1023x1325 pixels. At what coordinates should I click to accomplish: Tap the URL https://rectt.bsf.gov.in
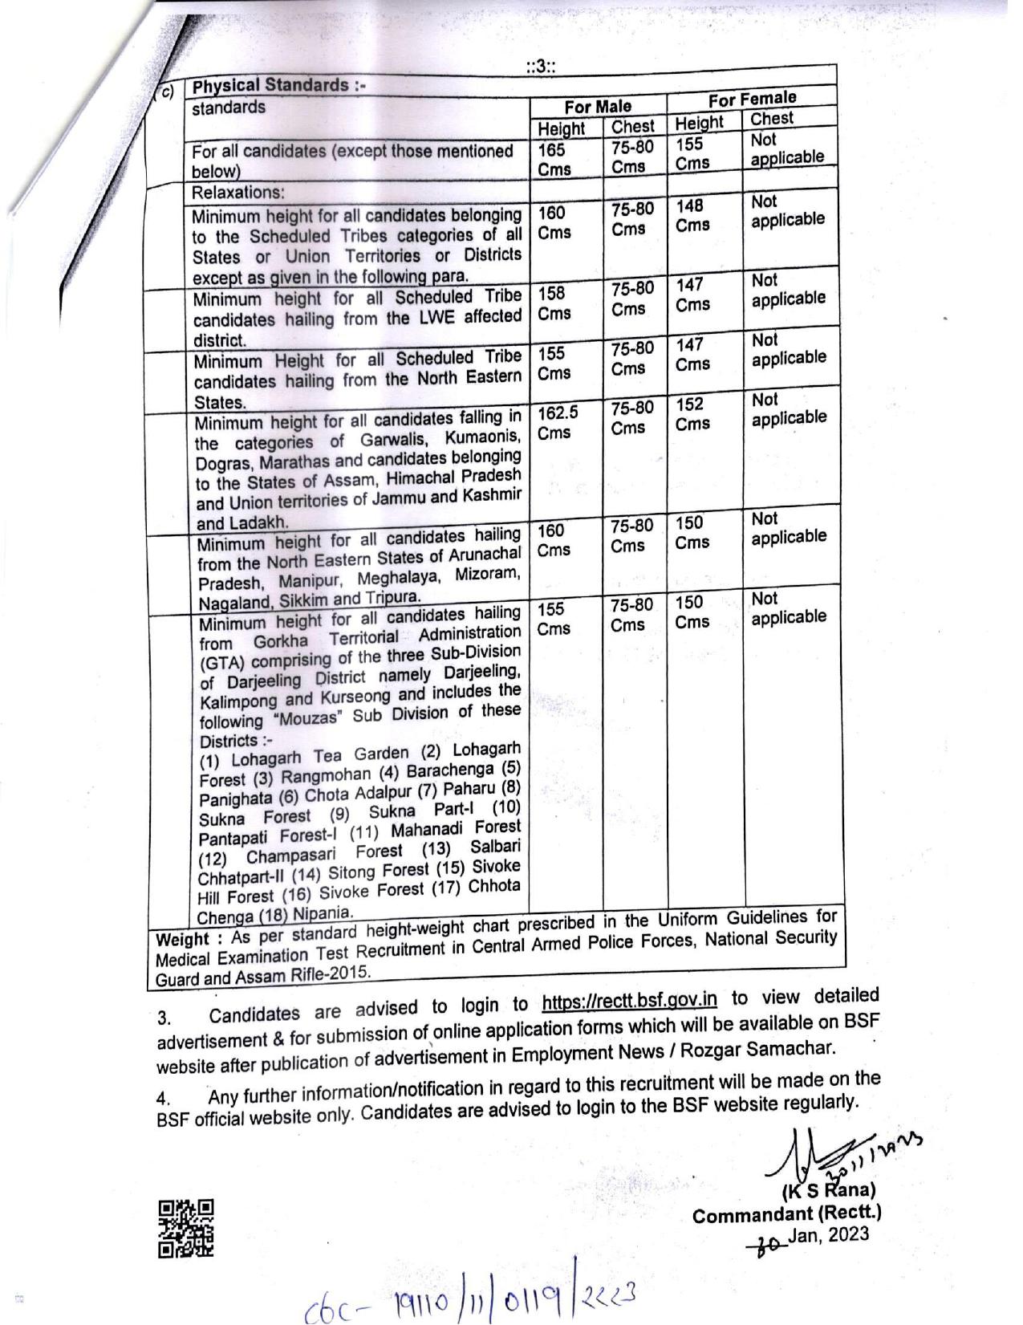tap(629, 1001)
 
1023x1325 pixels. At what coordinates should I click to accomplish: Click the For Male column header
tap(598, 106)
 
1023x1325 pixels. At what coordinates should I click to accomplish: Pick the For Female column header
tap(752, 99)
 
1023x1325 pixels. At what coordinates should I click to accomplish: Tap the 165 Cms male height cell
tap(554, 159)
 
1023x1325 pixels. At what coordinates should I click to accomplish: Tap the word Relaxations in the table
tap(237, 193)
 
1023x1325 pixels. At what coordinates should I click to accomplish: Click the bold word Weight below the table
tap(183, 939)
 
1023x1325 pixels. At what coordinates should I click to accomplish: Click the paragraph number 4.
tap(164, 1099)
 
